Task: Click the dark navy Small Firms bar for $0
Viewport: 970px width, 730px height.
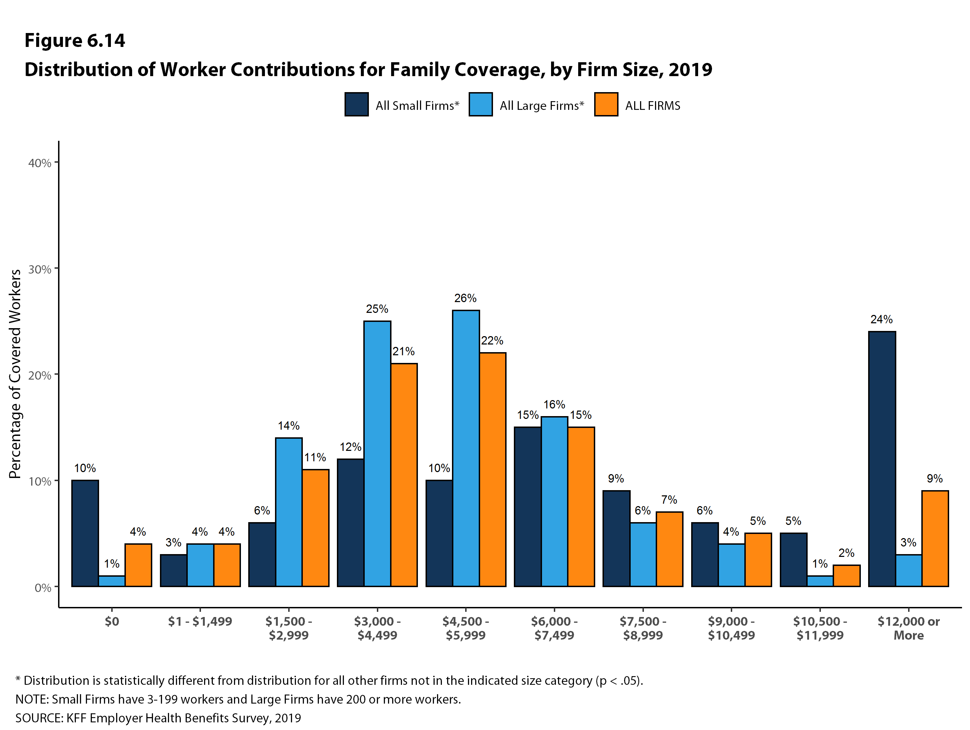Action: click(85, 533)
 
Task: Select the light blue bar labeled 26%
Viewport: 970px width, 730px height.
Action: click(466, 448)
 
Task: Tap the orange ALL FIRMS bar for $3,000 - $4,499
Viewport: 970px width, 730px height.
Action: click(404, 474)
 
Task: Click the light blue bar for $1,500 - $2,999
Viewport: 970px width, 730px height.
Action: click(289, 512)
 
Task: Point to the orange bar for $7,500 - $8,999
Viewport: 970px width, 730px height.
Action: click(669, 549)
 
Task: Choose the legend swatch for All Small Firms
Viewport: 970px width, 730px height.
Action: click(356, 104)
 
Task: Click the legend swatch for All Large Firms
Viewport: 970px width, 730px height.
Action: click(480, 104)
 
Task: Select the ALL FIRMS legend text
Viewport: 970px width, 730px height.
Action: click(653, 106)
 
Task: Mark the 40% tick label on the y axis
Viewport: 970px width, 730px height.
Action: click(40, 163)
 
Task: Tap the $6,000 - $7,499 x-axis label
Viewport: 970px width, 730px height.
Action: click(554, 628)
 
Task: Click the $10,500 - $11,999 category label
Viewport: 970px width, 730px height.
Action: click(819, 628)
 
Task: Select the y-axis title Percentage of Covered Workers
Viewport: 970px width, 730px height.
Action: click(15, 374)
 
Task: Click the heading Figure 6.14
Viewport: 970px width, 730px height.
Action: click(74, 40)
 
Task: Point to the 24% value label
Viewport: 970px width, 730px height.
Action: click(881, 319)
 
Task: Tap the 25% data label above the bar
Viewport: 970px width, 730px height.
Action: click(377, 309)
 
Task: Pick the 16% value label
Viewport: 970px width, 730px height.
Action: click(554, 404)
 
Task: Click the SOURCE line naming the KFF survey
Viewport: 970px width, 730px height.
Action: click(158, 718)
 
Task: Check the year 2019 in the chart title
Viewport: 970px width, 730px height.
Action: click(690, 70)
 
